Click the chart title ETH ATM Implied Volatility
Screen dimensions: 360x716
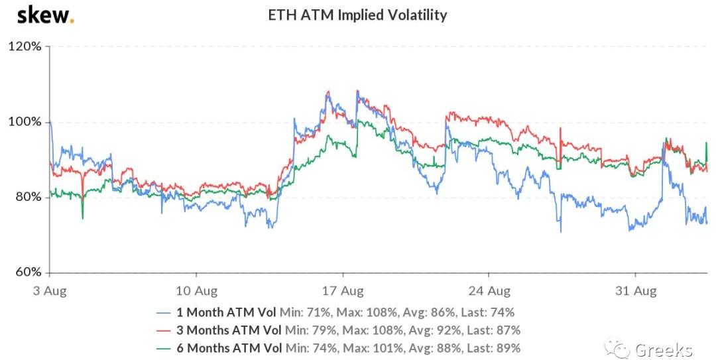pos(357,15)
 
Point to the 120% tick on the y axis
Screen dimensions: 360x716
pos(25,47)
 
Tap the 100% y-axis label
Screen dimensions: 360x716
pos(25,123)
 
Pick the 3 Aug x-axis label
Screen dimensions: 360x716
pos(50,290)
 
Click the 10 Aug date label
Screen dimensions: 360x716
pos(197,290)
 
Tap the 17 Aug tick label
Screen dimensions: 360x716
pos(343,290)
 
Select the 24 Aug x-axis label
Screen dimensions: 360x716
pos(489,290)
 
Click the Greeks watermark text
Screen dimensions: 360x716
pos(663,349)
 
